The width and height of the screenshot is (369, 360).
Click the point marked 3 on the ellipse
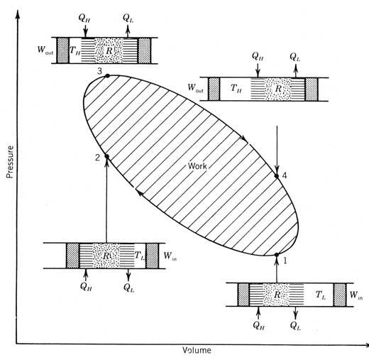point(107,76)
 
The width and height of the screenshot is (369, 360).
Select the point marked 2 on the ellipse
point(106,156)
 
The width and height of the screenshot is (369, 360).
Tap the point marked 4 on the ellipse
point(277,176)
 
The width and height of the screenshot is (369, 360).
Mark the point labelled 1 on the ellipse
point(277,255)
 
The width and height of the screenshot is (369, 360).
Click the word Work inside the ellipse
point(197,166)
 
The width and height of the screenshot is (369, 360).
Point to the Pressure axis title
point(10,162)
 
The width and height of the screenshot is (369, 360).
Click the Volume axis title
point(197,350)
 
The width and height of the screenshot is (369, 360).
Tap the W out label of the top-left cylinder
point(45,50)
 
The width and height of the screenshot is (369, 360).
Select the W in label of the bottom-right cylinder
point(356,295)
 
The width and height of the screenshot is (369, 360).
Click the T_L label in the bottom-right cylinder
point(321,295)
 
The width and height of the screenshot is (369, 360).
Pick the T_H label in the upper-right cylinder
point(236,88)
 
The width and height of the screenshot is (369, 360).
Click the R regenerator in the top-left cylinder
point(109,50)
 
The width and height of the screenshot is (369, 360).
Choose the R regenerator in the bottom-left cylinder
point(106,256)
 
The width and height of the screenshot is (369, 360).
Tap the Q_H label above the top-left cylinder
point(84,18)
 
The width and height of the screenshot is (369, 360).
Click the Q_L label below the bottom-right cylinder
point(295,326)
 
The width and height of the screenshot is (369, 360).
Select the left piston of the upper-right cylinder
point(214,89)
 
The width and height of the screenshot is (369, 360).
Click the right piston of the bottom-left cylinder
point(152,256)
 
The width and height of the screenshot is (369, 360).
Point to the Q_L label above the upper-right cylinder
point(295,57)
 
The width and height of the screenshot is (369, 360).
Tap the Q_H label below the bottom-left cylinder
point(86,287)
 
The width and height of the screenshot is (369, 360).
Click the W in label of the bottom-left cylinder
point(170,256)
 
